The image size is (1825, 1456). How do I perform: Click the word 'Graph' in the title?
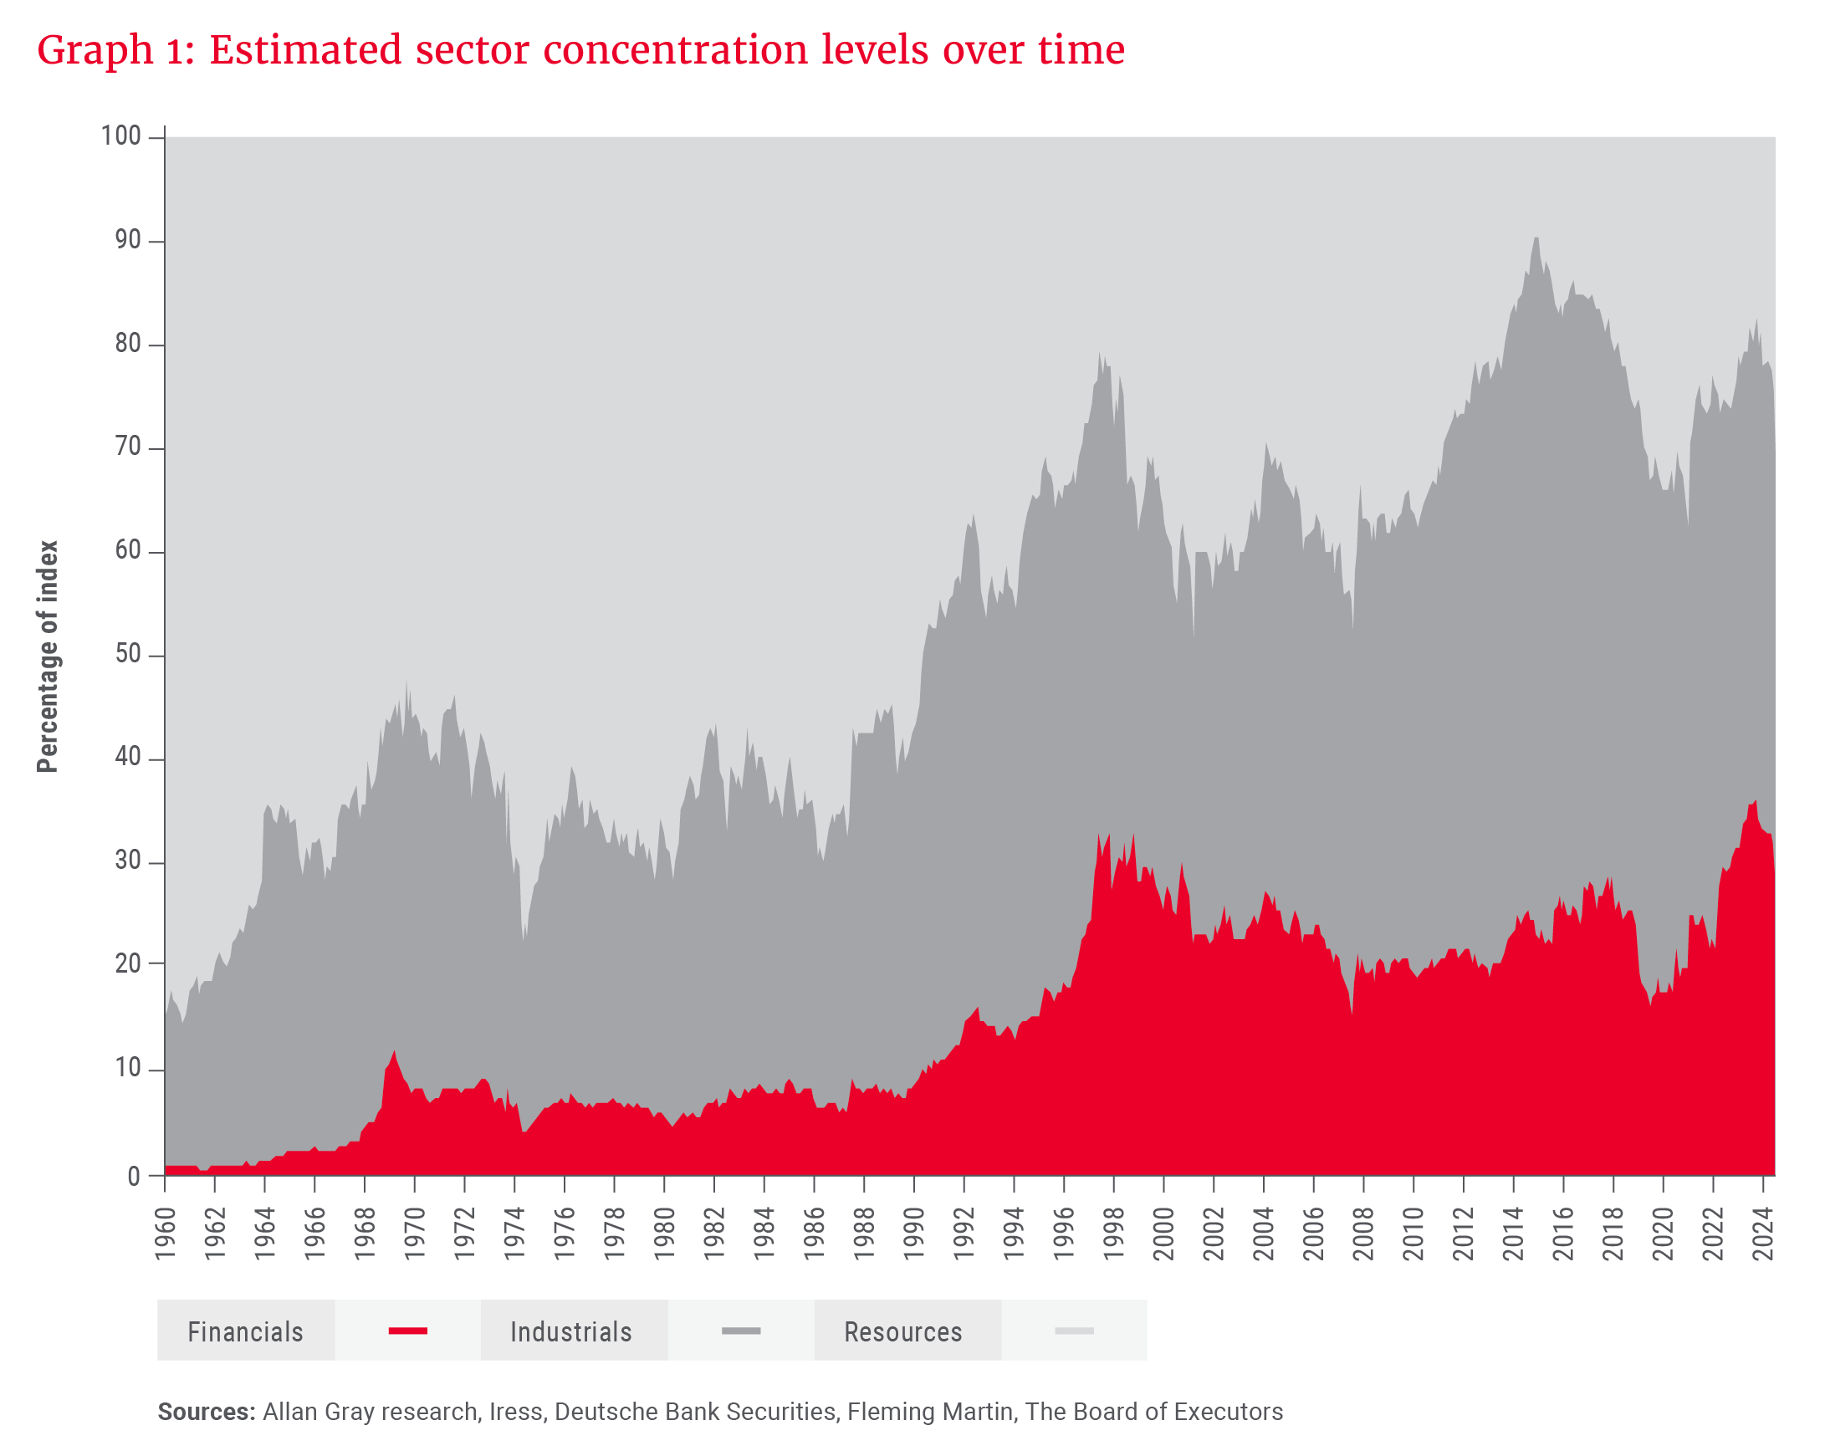[x=95, y=51]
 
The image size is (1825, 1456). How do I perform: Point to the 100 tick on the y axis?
[x=121, y=136]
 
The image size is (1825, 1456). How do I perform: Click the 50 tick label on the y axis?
[x=128, y=656]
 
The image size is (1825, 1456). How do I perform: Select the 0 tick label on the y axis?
[x=133, y=1176]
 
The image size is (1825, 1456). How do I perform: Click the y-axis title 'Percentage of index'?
[x=48, y=656]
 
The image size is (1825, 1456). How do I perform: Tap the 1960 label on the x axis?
[x=166, y=1234]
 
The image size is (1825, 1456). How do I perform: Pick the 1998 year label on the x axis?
[x=1115, y=1234]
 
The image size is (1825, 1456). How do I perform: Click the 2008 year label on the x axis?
[x=1364, y=1234]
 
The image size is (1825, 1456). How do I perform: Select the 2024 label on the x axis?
[x=1764, y=1234]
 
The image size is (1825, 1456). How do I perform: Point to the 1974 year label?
[x=515, y=1234]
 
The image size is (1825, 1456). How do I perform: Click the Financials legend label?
[x=245, y=1332]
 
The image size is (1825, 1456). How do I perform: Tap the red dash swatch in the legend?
[x=408, y=1331]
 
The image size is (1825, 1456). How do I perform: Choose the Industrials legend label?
[x=571, y=1332]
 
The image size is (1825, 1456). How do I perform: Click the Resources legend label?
[x=903, y=1332]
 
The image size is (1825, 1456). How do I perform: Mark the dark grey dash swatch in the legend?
[x=741, y=1331]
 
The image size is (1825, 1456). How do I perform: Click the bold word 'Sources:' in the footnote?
[x=207, y=1412]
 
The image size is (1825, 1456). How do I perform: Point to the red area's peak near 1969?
[x=395, y=1050]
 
